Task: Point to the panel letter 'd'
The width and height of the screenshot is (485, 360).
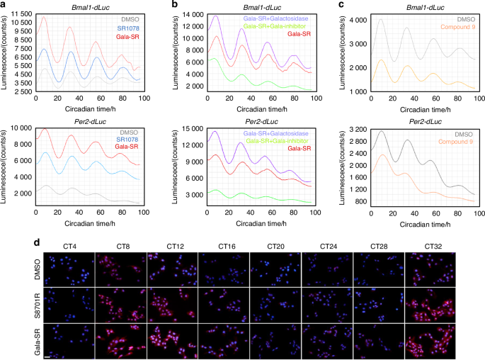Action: pos(4,242)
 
